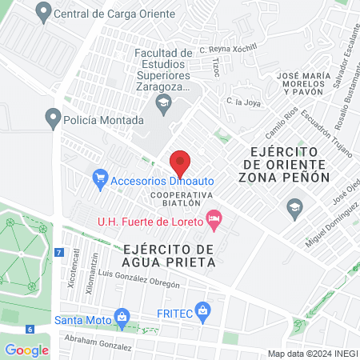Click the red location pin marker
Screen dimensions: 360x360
(x=180, y=162)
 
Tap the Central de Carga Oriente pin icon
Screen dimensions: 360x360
(x=43, y=12)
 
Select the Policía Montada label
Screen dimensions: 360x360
(x=105, y=120)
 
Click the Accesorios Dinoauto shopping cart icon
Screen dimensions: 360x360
(x=100, y=178)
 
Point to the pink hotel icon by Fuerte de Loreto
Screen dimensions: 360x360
(x=214, y=218)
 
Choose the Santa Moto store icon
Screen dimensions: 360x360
(x=122, y=316)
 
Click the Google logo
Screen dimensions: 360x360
(x=26, y=350)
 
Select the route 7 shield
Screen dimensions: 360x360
(x=58, y=252)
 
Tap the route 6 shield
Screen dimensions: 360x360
(x=29, y=329)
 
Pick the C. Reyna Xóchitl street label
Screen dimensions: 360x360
(x=227, y=48)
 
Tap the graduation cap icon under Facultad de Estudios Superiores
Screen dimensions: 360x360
(x=163, y=102)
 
